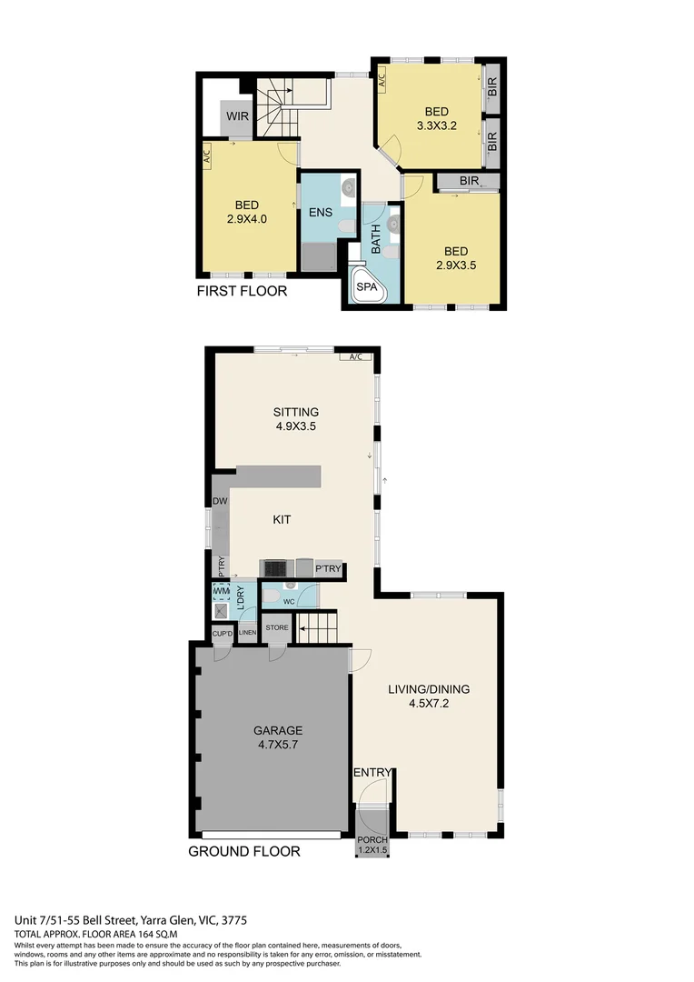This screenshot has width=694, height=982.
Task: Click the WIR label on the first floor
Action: click(238, 116)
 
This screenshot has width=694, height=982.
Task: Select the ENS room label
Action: click(319, 214)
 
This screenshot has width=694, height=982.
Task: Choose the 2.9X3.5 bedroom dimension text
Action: click(455, 266)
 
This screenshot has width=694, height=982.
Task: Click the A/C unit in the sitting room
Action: click(355, 357)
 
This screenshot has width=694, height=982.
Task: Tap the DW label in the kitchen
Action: click(219, 501)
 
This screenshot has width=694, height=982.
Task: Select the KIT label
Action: click(283, 520)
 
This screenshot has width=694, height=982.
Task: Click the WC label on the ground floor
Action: click(289, 602)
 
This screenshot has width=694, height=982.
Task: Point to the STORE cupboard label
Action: click(277, 627)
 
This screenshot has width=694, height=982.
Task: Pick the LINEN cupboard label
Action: click(247, 632)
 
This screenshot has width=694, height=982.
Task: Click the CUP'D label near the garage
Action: click(223, 633)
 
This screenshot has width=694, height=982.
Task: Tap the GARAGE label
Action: click(278, 730)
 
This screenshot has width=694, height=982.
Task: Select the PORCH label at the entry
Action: click(372, 839)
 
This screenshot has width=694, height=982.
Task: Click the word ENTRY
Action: click(372, 773)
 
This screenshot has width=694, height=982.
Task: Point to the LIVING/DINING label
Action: click(429, 689)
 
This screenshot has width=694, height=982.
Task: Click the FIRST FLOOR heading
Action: click(242, 292)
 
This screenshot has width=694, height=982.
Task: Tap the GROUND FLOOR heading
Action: click(243, 852)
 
